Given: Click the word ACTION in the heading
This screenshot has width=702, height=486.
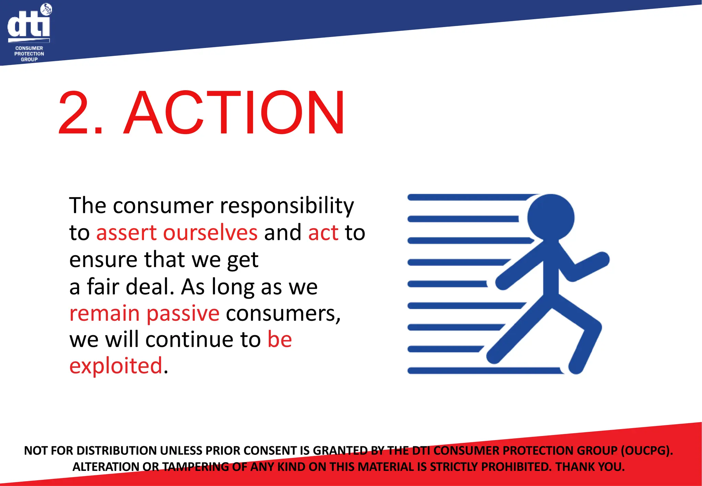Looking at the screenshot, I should (235, 113).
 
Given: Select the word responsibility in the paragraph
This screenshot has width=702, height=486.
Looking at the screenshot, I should (287, 206).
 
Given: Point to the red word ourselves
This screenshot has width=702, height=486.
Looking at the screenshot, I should (210, 233).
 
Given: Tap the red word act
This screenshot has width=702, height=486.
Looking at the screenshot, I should (323, 233).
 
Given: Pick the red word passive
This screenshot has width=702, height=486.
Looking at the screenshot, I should (183, 313).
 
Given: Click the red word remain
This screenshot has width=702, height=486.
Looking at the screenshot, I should (105, 313).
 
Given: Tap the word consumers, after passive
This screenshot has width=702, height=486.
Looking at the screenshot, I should (283, 313).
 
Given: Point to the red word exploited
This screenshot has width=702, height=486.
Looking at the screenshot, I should (116, 366).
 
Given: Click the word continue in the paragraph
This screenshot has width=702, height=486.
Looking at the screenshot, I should (203, 340).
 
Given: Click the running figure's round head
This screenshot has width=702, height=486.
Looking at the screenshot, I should (550, 217).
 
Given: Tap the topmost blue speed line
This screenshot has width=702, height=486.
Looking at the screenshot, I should (470, 197).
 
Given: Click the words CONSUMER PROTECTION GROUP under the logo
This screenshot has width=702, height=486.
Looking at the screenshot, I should (29, 54).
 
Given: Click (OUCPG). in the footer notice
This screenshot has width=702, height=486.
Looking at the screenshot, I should (647, 450).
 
